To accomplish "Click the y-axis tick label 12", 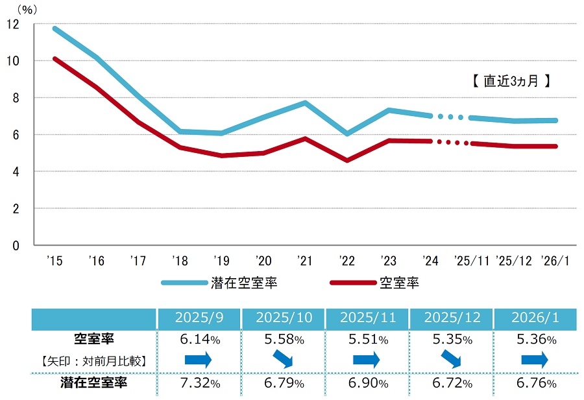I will (12, 24).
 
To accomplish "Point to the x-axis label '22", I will (347, 261).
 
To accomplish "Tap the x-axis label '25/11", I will (472, 261).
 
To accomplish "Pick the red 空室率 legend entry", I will (398, 283).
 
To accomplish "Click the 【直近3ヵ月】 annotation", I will (511, 82).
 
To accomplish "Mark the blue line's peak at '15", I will (55, 29).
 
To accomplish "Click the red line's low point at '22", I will (348, 160).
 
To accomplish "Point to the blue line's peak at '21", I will (305, 102).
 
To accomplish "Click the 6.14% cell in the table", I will (198, 339).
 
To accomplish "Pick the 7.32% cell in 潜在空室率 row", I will (198, 383).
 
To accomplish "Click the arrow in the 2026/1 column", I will (535, 359).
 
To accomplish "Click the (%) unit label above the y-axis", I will (29, 8).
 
